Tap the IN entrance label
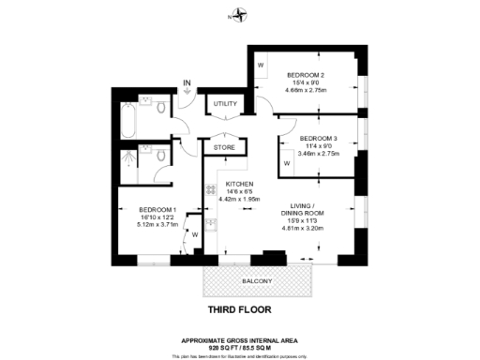(x=187, y=84)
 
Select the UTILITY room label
(x=225, y=103)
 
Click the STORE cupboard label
(x=224, y=147)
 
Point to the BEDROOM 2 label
(x=306, y=75)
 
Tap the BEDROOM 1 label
(x=157, y=208)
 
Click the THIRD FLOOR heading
(x=240, y=307)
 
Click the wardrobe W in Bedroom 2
(x=261, y=65)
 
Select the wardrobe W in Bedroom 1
(x=195, y=234)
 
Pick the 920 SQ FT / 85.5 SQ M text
(x=240, y=348)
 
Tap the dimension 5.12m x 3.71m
(x=157, y=225)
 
